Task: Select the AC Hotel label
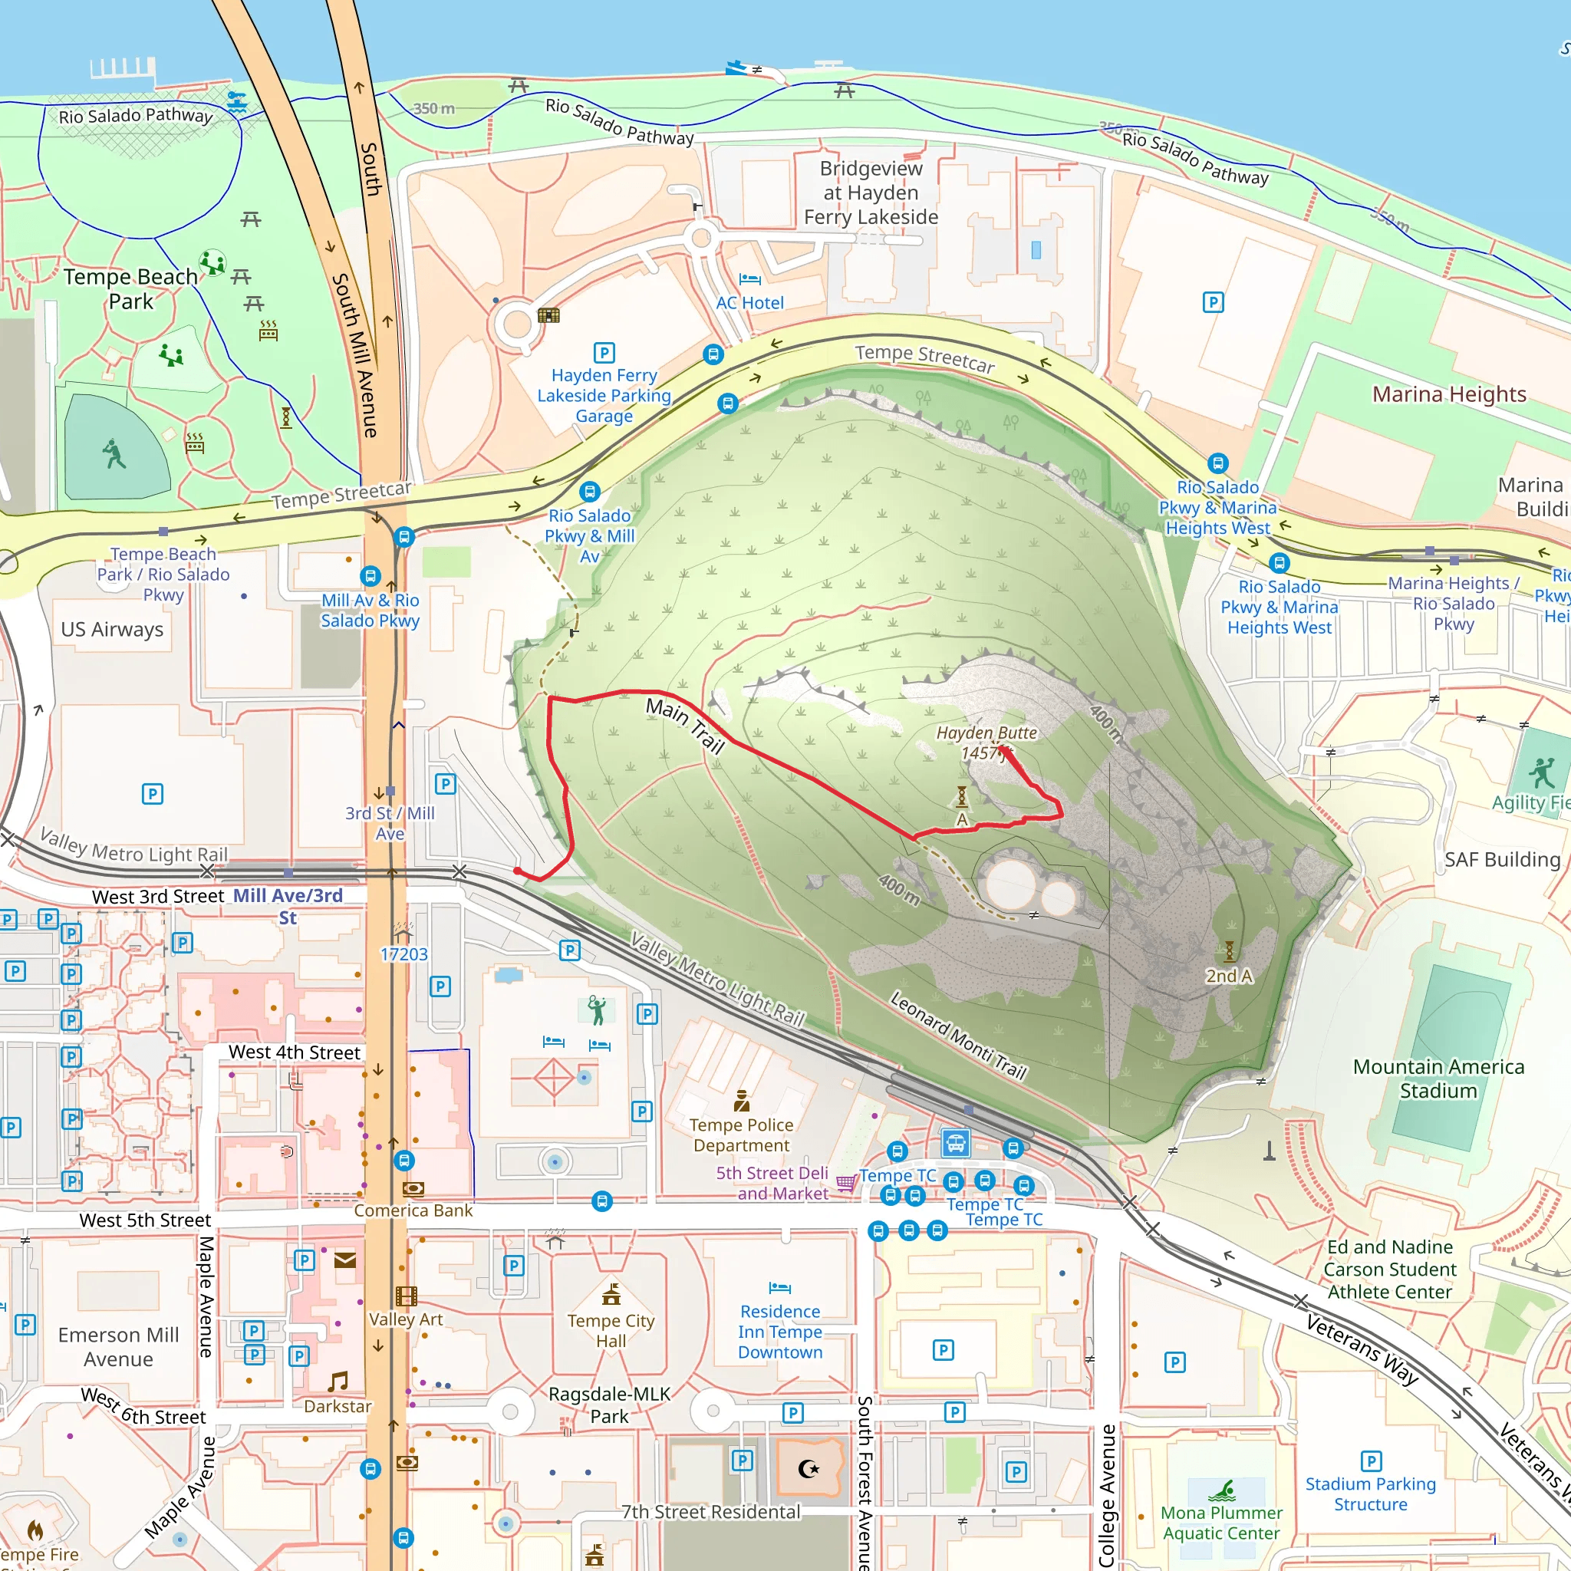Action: point(749,302)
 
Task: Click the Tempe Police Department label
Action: point(741,1135)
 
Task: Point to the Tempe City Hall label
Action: point(611,1330)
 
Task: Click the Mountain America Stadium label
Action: point(1438,1079)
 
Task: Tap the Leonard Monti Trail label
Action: point(959,1034)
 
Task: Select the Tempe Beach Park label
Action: point(131,288)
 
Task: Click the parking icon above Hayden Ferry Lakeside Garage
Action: point(604,352)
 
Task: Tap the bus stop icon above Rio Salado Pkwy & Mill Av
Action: point(590,491)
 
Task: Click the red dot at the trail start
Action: point(517,871)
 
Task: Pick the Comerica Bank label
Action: point(413,1210)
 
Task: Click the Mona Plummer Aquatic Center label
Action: point(1221,1522)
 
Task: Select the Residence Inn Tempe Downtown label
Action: point(780,1331)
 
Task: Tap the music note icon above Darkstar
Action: point(338,1382)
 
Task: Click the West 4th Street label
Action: point(295,1052)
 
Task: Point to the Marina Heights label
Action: point(1449,394)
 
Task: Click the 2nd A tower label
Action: point(1229,976)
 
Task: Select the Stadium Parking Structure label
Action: point(1370,1494)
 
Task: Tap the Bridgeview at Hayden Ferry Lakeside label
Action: point(871,193)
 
